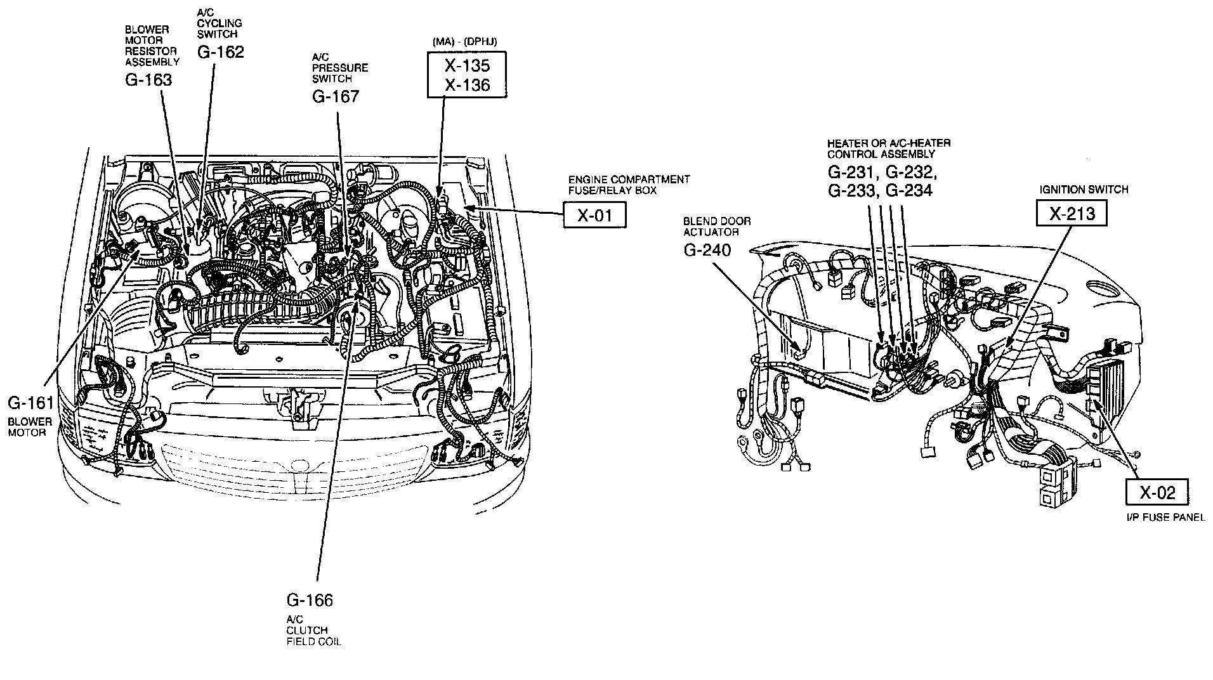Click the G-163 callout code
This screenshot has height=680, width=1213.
pyautogui.click(x=148, y=80)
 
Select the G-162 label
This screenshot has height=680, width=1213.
pyautogui.click(x=220, y=52)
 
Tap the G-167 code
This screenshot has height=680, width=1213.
pyautogui.click(x=335, y=96)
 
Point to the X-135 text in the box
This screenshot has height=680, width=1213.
pyautogui.click(x=467, y=65)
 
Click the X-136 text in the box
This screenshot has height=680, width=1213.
pyautogui.click(x=467, y=84)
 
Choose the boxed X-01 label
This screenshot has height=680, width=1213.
pyautogui.click(x=594, y=216)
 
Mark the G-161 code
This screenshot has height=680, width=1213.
pyautogui.click(x=31, y=402)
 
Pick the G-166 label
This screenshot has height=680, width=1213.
pyautogui.click(x=310, y=600)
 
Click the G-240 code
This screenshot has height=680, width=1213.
pyautogui.click(x=707, y=250)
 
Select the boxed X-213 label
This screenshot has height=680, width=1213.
pyautogui.click(x=1072, y=213)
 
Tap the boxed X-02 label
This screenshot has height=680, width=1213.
pyautogui.click(x=1157, y=492)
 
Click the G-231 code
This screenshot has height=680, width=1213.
pyautogui.click(x=852, y=173)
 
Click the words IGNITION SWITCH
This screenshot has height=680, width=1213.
pyautogui.click(x=1084, y=189)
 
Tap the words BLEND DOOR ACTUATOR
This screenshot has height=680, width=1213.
pyautogui.click(x=716, y=226)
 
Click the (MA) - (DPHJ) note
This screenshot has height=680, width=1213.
pyautogui.click(x=464, y=42)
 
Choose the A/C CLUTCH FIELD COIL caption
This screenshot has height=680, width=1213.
pyautogui.click(x=313, y=630)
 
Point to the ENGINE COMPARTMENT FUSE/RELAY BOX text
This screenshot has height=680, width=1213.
pyautogui.click(x=629, y=185)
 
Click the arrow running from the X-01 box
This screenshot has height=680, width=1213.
pyautogui.click(x=514, y=211)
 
